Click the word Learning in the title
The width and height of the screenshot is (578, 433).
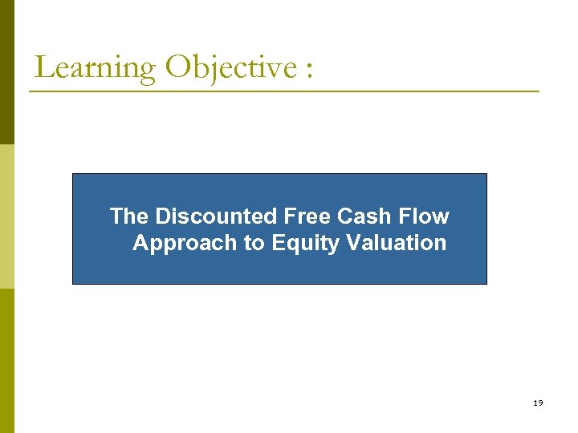pos(95,69)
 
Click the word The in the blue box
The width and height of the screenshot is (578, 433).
pos(129,216)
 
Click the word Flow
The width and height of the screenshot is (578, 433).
pos(426,216)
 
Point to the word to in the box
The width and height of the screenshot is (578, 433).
pos(255,243)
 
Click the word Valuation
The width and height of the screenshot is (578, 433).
pos(394,243)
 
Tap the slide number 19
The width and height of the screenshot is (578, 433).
pos(537,403)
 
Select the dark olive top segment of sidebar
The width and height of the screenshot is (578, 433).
pos(6,72)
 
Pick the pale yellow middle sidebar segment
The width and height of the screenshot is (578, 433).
pos(6,216)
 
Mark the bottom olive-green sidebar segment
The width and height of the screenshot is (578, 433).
pos(6,361)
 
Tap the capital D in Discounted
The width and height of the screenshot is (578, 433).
pos(163,216)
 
